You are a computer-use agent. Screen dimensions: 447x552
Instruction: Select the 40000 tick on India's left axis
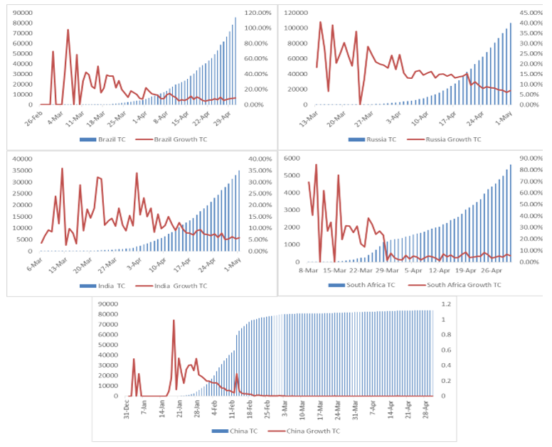pos(21,158)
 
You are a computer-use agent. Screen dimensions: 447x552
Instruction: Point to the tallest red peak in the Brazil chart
pos(68,30)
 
